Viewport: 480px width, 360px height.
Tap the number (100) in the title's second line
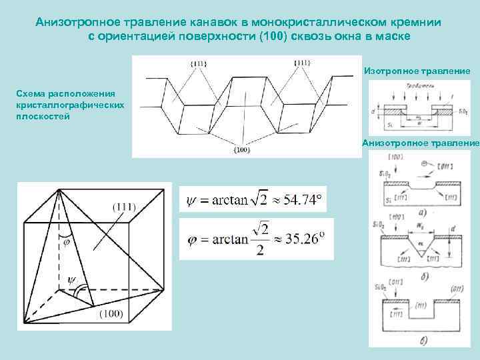pyautogui.click(x=284, y=36)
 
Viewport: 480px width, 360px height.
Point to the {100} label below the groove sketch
pyautogui.click(x=241, y=151)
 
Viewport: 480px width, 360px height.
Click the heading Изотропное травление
pyautogui.click(x=417, y=70)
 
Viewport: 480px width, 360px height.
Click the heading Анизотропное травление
pyautogui.click(x=421, y=143)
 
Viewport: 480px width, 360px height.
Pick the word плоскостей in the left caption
pyautogui.click(x=39, y=116)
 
